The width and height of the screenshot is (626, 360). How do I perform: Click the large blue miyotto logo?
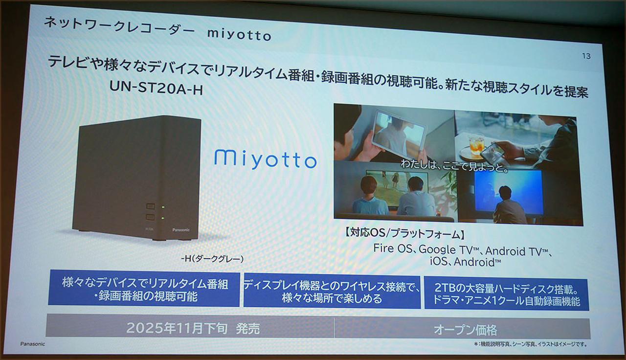coord(265,159)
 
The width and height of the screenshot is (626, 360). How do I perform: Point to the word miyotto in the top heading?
coord(239,34)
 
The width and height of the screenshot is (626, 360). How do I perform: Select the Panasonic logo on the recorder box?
coord(181,229)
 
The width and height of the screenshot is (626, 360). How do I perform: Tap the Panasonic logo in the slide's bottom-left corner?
coord(32,344)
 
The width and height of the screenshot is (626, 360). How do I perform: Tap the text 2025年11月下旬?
coord(177,328)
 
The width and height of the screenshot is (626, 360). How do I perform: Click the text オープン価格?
coord(465,330)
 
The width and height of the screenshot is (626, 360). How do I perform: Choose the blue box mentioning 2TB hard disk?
coord(506,292)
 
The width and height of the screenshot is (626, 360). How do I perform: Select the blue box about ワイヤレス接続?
coord(332,292)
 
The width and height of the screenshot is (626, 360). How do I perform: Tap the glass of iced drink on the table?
coord(476,144)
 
